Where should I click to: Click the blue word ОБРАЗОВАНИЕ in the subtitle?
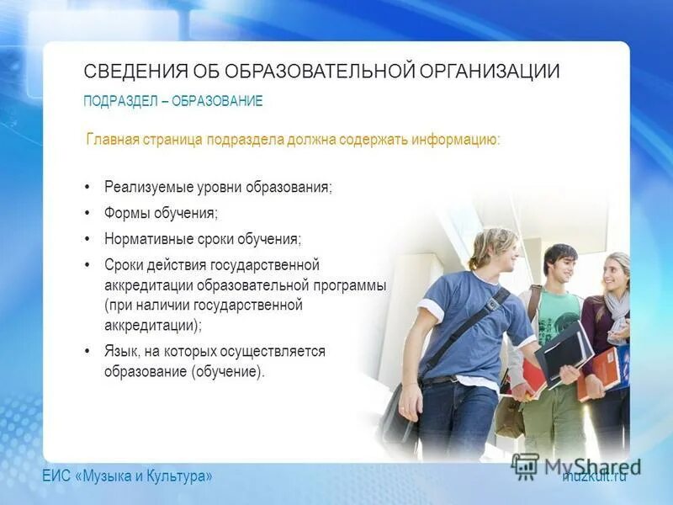217,102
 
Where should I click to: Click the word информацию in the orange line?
455,139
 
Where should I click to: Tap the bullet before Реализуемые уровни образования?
87,188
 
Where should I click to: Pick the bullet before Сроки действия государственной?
87,265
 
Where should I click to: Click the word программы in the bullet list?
352,285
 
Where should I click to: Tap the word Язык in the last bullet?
121,351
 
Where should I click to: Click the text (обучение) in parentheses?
227,371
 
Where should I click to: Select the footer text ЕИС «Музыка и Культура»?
128,476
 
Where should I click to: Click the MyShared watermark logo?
576,465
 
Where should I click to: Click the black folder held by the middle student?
566,348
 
